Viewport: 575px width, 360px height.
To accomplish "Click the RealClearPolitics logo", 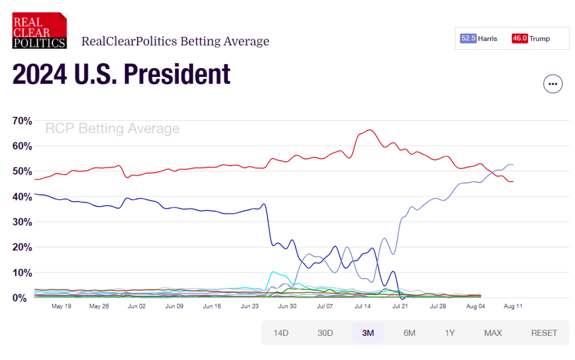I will (39, 31).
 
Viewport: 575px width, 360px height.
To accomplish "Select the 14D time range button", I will (280, 332).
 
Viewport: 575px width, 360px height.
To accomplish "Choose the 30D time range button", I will (325, 332).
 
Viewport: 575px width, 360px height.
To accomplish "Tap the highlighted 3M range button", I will (368, 332).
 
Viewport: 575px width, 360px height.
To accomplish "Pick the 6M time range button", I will (409, 332).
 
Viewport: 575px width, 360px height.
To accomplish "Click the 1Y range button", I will (450, 332).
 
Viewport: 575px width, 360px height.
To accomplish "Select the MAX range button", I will (492, 332).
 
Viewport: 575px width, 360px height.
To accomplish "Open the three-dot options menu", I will (553, 84).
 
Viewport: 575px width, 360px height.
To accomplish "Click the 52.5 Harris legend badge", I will (468, 39).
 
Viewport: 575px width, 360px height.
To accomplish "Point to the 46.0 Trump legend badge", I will (519, 39).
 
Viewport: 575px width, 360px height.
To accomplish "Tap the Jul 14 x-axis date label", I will (363, 307).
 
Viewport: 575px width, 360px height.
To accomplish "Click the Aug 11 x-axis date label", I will (513, 307).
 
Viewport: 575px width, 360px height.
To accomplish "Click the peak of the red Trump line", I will (369, 130).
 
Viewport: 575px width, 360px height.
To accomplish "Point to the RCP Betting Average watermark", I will (112, 129).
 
